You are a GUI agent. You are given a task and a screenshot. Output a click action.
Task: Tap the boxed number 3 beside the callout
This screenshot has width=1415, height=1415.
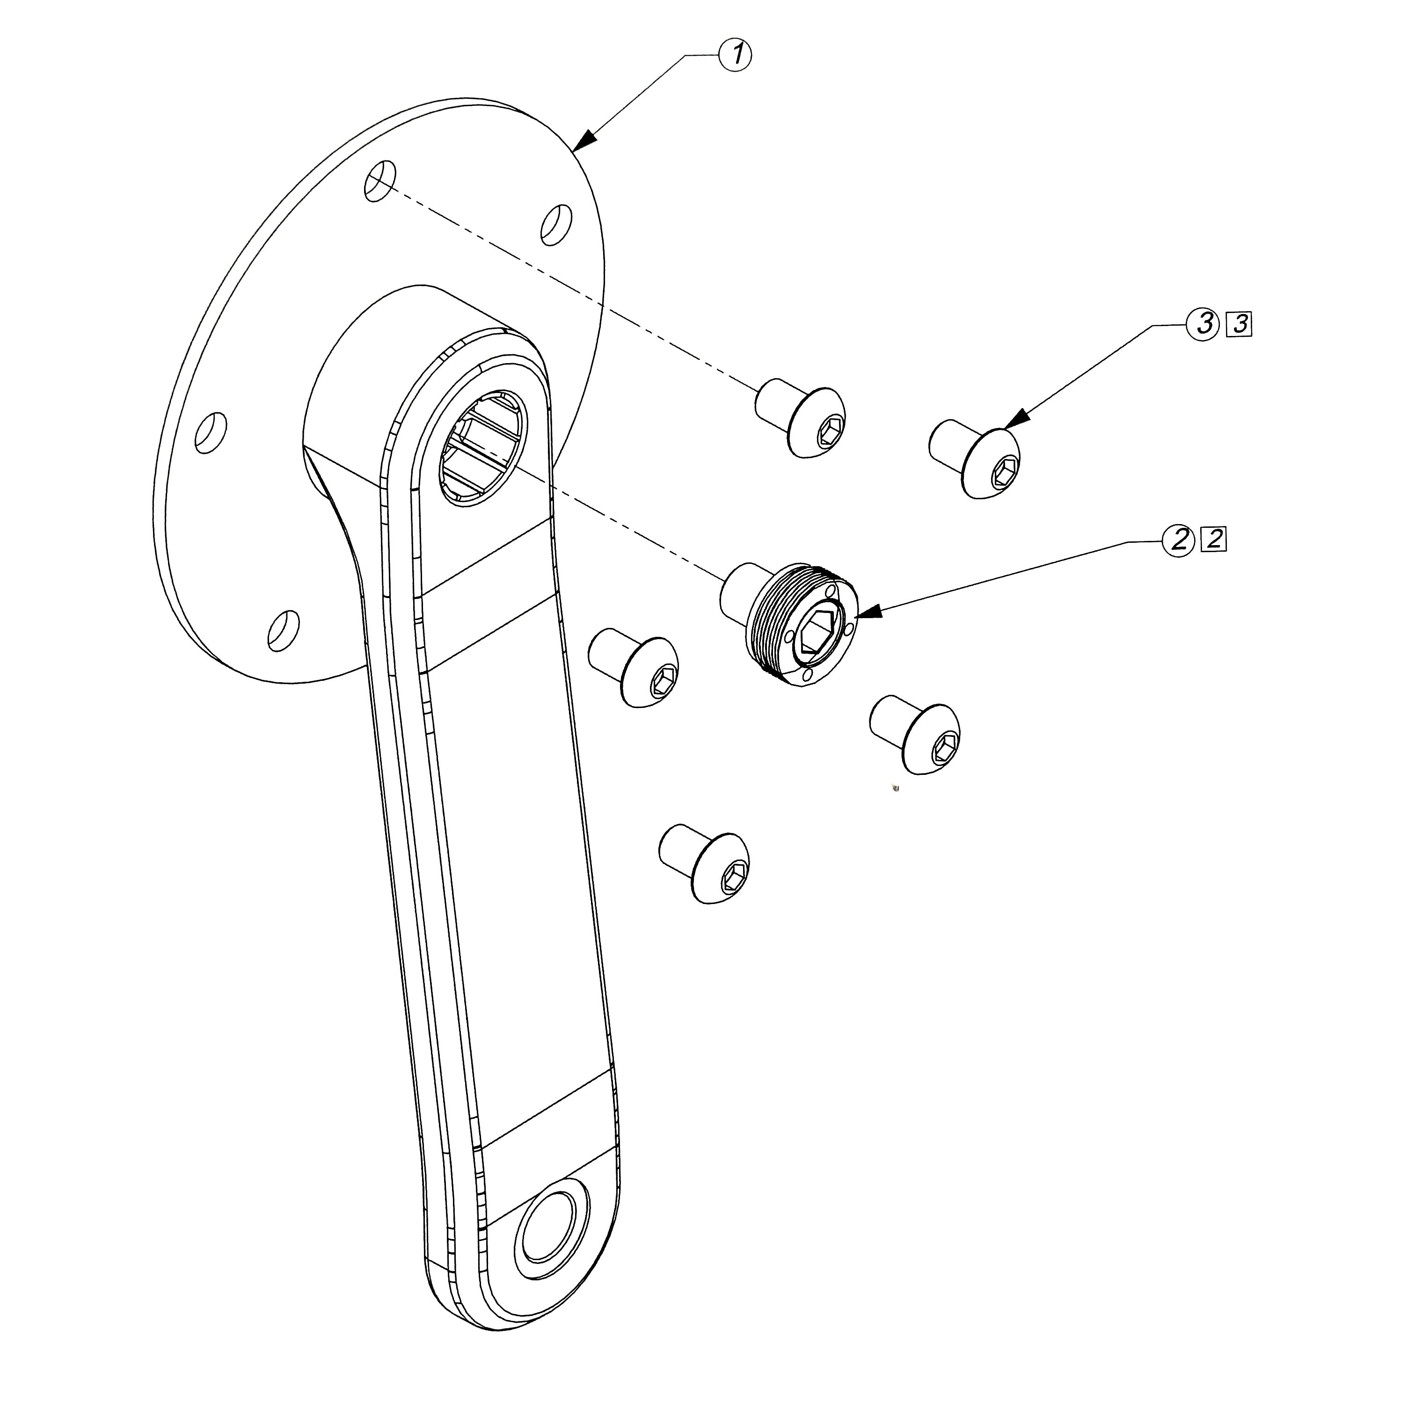click(1240, 324)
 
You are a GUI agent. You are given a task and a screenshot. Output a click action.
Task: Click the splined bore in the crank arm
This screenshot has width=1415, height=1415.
click(483, 447)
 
